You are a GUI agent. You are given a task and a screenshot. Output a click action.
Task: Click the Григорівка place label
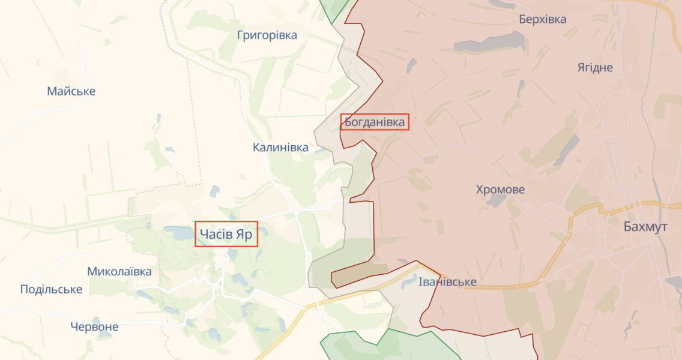point(267,35)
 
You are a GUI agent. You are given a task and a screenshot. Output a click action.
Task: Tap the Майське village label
point(71,91)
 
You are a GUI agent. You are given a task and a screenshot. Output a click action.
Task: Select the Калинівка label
point(280,147)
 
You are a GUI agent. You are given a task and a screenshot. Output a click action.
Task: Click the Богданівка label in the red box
point(375,122)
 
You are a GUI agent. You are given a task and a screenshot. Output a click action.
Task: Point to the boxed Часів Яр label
point(226,234)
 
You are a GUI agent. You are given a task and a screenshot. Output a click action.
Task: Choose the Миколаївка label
point(119,271)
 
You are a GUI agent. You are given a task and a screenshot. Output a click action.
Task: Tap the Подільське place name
point(51,289)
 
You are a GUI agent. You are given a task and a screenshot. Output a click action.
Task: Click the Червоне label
point(94,327)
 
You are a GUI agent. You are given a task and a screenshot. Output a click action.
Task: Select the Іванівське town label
point(448,282)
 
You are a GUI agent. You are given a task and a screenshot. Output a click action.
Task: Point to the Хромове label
point(500,190)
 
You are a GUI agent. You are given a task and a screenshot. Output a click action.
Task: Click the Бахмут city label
point(645,227)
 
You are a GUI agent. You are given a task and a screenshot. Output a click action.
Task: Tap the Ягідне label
point(595,67)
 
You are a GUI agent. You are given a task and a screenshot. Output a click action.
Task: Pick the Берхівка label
point(542,19)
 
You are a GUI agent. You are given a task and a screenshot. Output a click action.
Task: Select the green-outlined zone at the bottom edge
point(384,346)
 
